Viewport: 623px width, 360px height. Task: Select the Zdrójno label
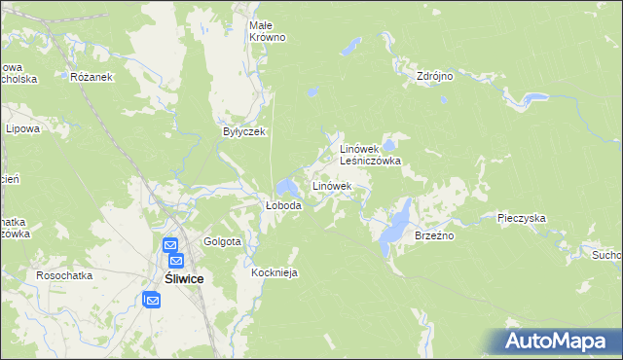coord(435,76)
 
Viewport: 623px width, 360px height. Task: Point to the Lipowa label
coord(21,128)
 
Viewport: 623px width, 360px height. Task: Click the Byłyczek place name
coord(244,131)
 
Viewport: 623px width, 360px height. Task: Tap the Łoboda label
coord(284,206)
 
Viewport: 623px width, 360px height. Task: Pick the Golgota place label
coord(222,241)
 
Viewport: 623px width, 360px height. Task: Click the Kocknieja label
coord(275,273)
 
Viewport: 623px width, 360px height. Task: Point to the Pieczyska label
coord(521,219)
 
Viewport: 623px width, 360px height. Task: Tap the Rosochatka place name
coord(64,275)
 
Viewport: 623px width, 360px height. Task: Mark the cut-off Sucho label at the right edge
coord(606,255)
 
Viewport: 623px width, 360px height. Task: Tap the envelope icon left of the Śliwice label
coord(153,301)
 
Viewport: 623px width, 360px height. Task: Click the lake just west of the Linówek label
coord(286,186)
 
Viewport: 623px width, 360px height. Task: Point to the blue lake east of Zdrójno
coord(532,98)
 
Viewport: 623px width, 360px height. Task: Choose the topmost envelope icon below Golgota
coord(169,247)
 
